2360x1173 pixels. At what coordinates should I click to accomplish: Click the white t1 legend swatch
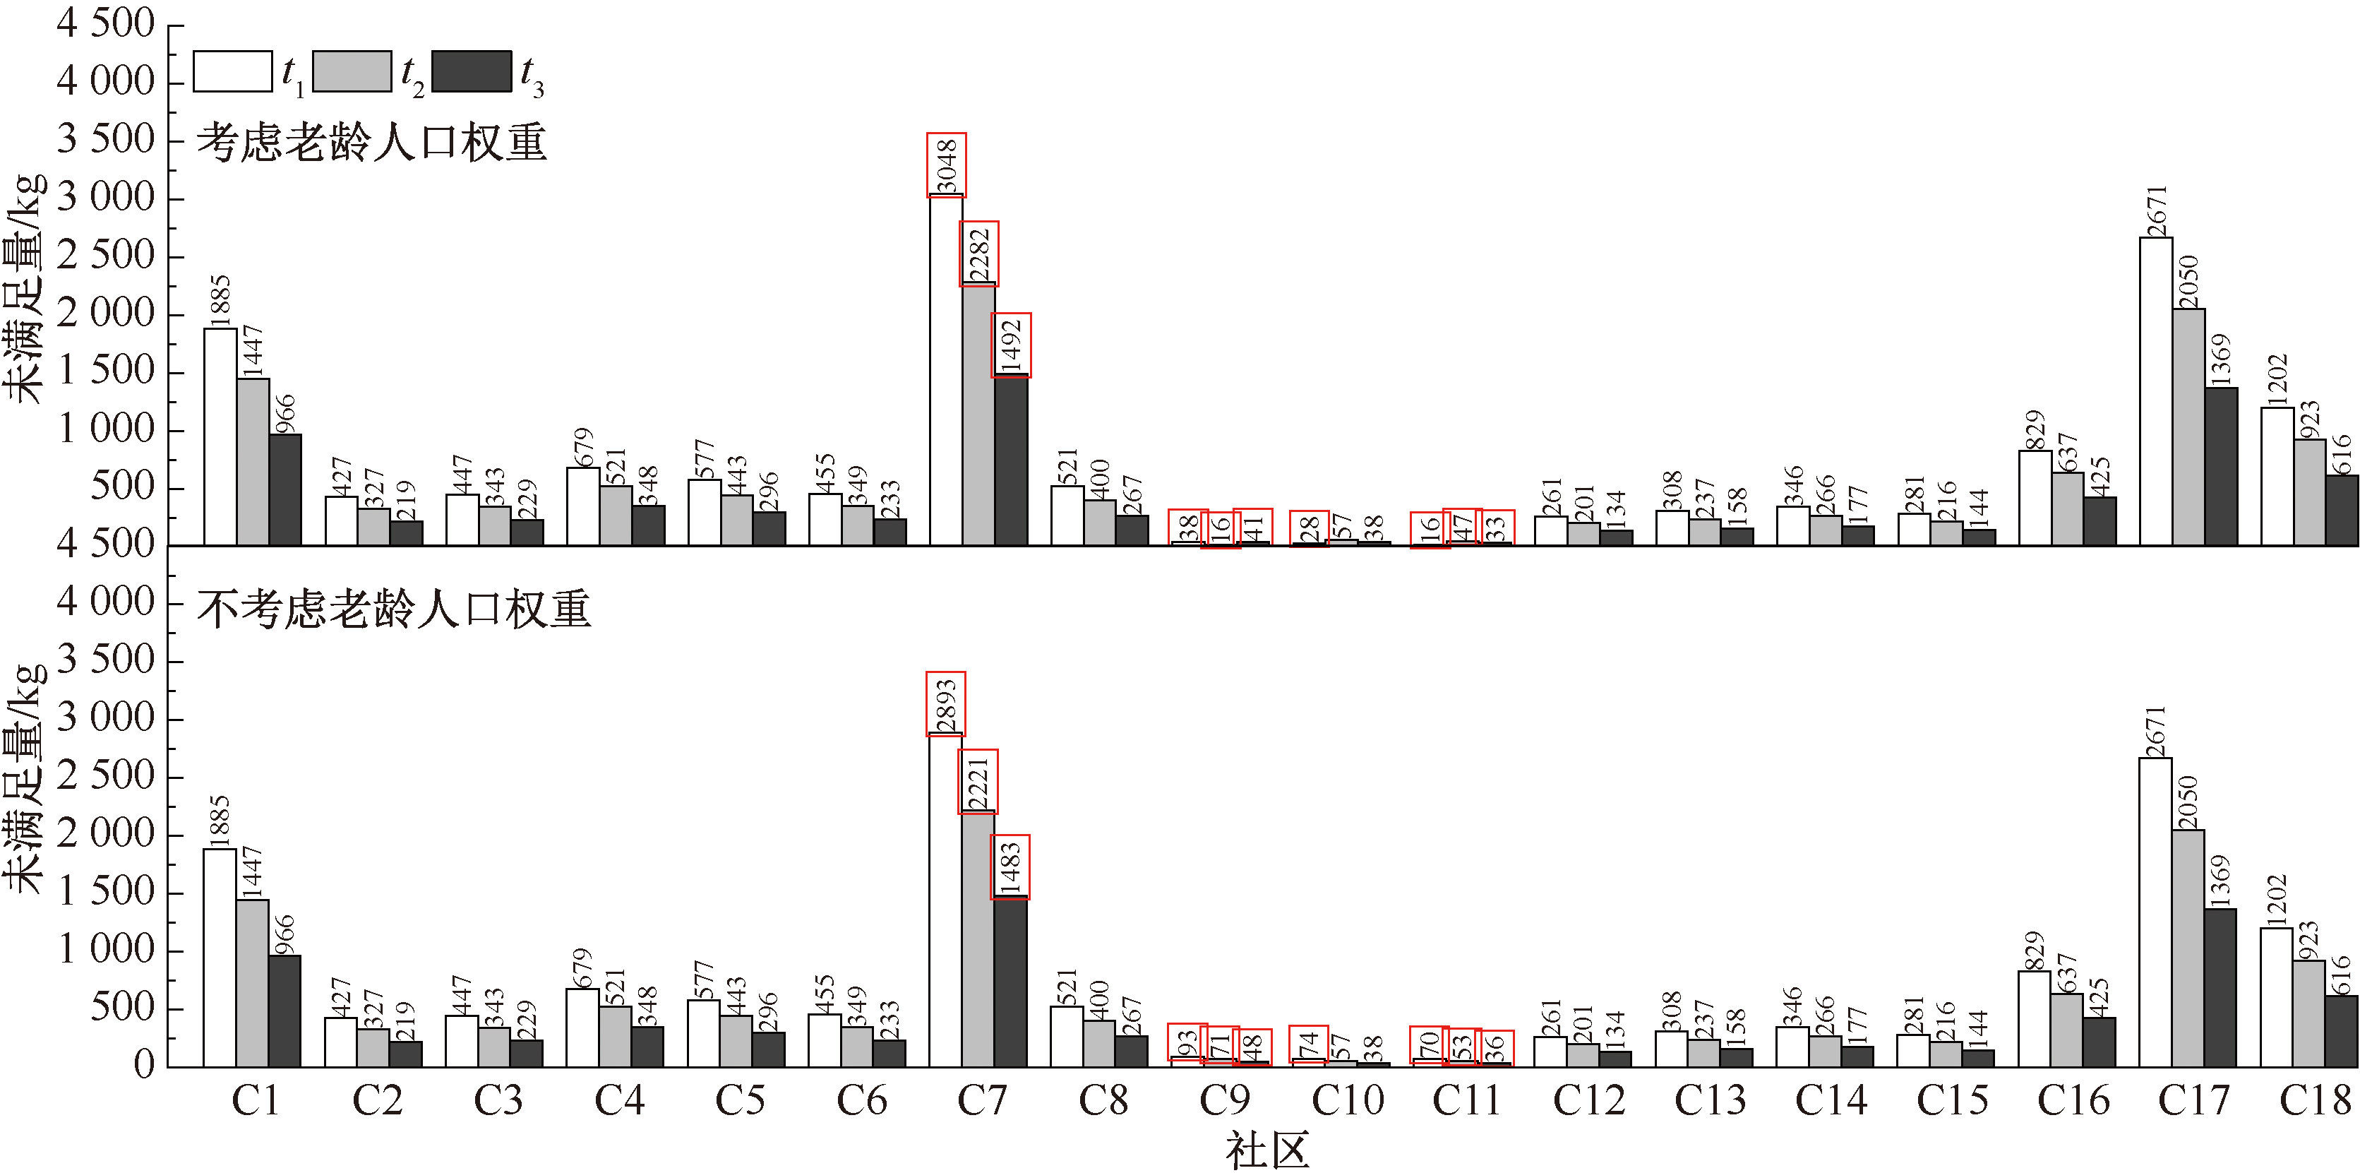click(x=233, y=71)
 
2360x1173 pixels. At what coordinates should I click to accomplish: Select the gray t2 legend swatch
click(x=352, y=71)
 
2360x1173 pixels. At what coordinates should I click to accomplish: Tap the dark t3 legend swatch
click(x=471, y=71)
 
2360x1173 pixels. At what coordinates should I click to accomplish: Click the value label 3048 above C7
click(x=947, y=165)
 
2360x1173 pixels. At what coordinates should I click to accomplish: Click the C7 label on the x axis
click(x=981, y=1100)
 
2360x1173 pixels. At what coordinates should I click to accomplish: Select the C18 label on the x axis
click(x=2314, y=1100)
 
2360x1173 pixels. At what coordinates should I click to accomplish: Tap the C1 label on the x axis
click(x=255, y=1100)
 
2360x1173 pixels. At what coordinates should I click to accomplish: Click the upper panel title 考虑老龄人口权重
click(x=372, y=143)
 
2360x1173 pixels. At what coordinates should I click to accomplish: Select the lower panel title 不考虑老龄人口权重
click(x=394, y=609)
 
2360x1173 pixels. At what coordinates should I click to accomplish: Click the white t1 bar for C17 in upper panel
click(x=2156, y=391)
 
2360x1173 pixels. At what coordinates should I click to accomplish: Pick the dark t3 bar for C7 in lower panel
click(x=1010, y=980)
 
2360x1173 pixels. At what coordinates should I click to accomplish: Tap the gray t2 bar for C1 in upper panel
click(x=253, y=462)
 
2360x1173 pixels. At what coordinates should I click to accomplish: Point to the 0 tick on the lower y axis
click(x=144, y=1066)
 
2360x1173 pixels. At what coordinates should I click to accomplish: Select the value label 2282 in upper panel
click(x=979, y=254)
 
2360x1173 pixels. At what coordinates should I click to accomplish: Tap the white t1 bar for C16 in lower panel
click(x=2034, y=1019)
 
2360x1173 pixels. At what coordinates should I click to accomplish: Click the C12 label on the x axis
click(x=1588, y=1100)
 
